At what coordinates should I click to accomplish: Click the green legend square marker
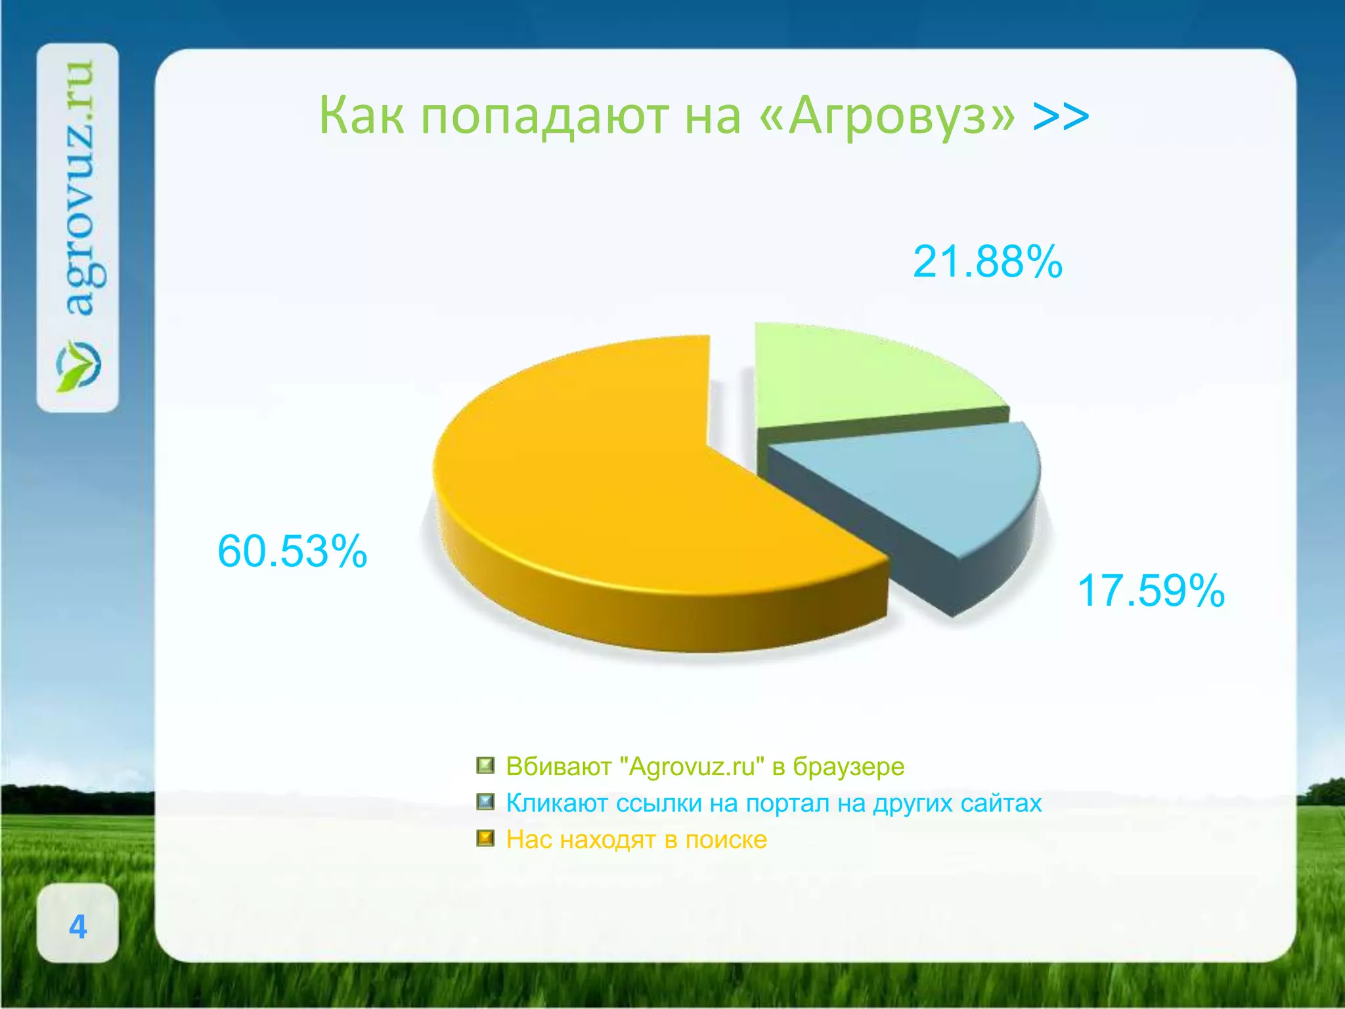[485, 765]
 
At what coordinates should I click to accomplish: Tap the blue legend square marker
[485, 802]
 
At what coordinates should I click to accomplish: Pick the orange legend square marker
[485, 839]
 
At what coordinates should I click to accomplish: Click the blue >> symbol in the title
[1061, 116]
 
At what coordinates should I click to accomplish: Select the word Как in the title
[361, 116]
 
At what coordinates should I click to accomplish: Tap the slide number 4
[77, 926]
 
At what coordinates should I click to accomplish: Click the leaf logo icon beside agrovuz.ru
[78, 365]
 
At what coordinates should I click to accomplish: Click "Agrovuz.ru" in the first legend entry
[692, 767]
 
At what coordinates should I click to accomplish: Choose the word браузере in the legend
[849, 767]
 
